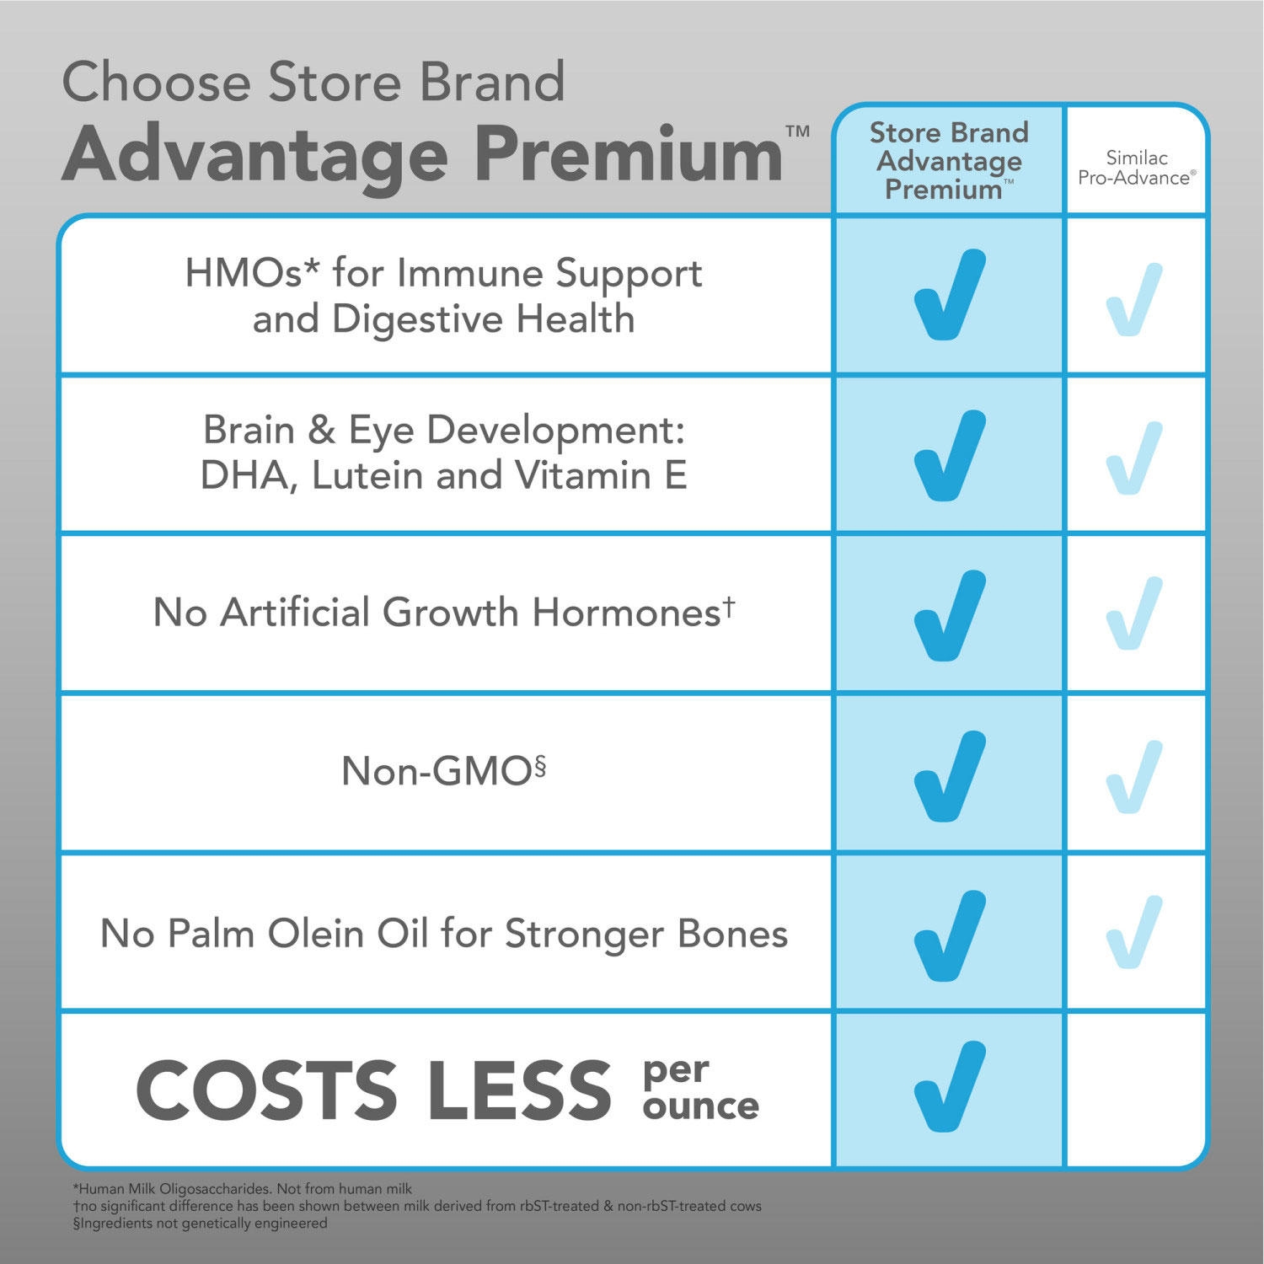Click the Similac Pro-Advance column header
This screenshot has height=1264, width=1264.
pos(1136,169)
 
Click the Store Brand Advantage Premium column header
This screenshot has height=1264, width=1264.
pos(949,160)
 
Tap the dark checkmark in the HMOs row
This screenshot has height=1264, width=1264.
pos(949,295)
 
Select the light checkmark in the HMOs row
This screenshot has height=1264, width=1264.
pos(1134,299)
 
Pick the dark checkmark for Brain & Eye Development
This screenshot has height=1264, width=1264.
pos(949,455)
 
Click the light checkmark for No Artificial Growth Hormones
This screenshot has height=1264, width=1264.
pos(1134,613)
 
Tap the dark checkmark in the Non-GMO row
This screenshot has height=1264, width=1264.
pos(949,775)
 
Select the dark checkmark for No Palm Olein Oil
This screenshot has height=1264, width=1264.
pos(949,935)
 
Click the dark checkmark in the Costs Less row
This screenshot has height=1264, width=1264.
pos(949,1087)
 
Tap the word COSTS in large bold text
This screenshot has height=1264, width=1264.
pos(266,1090)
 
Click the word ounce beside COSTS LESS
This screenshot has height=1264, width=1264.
pos(700,1106)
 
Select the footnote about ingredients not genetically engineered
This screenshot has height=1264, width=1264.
pos(201,1223)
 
